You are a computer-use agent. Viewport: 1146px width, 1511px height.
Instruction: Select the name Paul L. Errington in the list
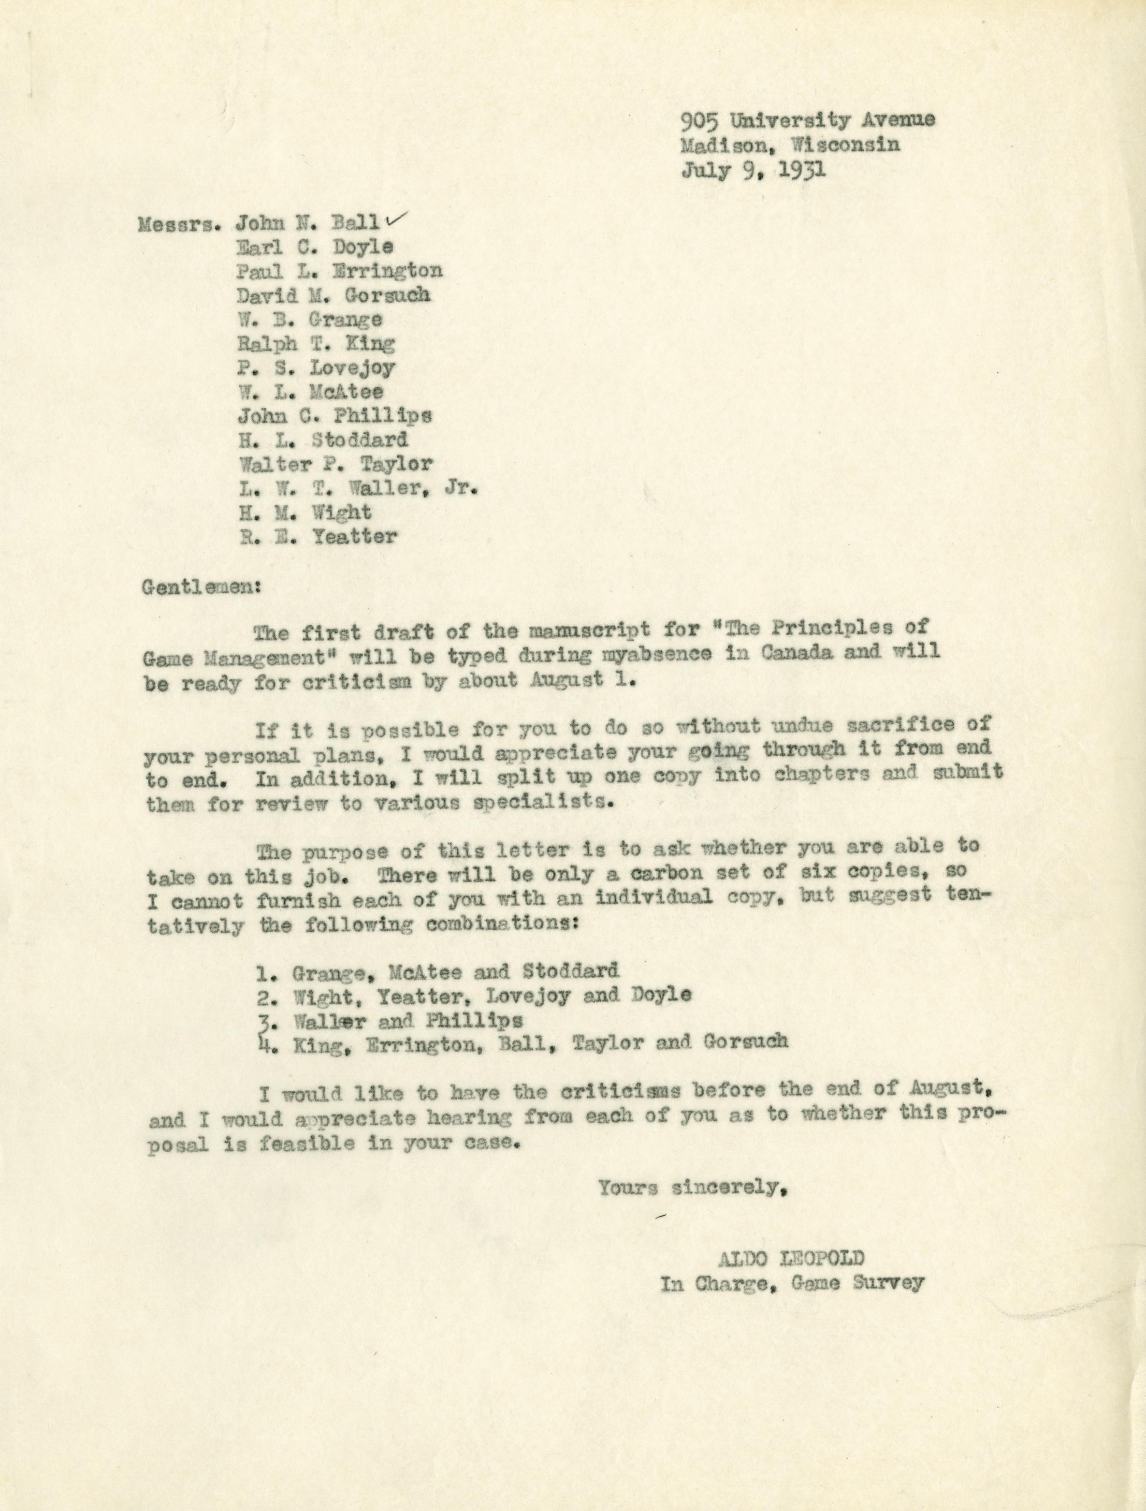point(339,271)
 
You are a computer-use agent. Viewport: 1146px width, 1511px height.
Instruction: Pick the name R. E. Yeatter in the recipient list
point(318,536)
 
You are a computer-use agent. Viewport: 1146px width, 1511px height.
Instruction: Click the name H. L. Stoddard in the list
point(323,439)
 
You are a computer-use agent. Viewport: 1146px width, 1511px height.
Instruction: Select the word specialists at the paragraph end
point(549,803)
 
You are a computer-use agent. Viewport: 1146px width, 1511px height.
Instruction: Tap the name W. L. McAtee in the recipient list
point(311,392)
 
